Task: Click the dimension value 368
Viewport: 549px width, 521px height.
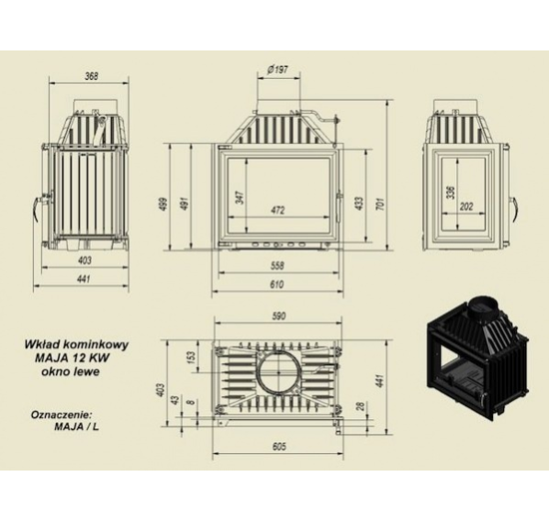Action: point(92,76)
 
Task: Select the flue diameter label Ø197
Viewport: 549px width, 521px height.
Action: point(277,70)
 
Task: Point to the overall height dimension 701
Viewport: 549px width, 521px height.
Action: point(381,204)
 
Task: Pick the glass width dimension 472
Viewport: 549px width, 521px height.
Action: point(277,210)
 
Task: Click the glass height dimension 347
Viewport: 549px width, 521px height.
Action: point(241,198)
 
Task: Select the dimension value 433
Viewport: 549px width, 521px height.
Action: point(360,204)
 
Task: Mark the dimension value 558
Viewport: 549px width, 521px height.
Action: point(277,266)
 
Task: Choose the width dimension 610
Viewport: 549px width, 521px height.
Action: point(276,284)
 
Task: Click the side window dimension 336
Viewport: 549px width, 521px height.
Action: point(451,193)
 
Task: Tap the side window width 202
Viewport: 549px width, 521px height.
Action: point(466,206)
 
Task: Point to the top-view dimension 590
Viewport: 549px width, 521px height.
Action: point(278,316)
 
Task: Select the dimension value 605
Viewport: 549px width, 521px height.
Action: point(279,447)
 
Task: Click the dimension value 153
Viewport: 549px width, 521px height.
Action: point(192,357)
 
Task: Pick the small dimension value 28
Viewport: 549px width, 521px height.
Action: point(360,406)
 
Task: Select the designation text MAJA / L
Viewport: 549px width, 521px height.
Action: point(77,427)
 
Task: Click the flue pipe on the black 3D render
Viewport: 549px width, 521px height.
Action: point(483,307)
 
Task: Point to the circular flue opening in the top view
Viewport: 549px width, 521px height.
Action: point(279,371)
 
